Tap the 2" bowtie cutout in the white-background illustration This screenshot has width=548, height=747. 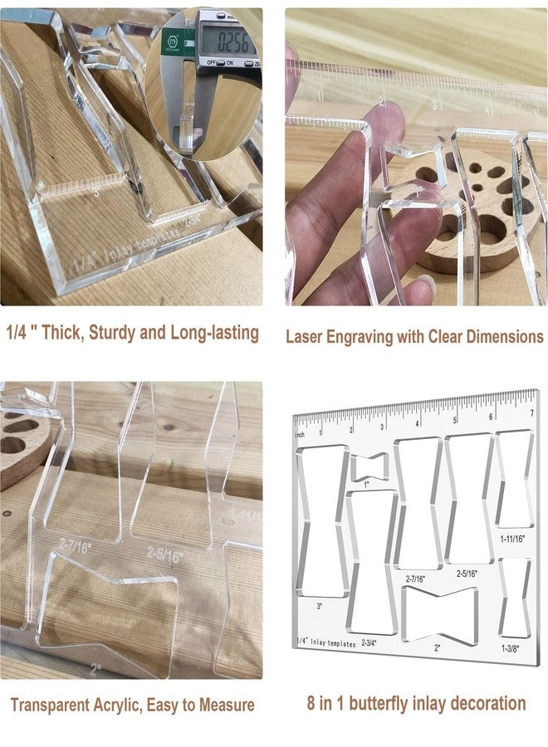(437, 612)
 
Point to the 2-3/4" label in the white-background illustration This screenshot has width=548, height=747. (368, 642)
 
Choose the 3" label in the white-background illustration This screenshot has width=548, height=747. (320, 606)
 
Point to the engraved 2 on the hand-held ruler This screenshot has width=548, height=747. (381, 102)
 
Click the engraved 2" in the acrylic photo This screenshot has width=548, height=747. (95, 666)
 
